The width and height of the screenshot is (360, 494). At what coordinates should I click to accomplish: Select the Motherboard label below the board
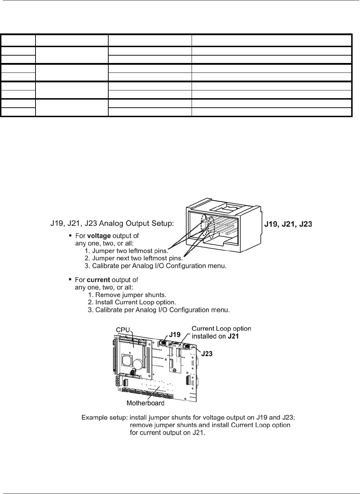click(145, 403)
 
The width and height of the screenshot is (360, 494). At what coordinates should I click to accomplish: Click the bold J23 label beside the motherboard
click(207, 354)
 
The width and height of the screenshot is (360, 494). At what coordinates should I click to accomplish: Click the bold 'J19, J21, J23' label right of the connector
click(288, 224)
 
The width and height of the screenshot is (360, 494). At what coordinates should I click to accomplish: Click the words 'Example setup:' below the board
click(104, 418)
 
